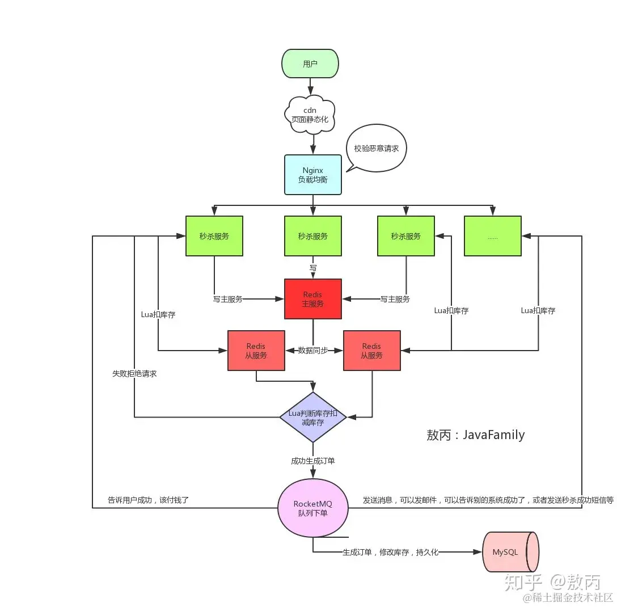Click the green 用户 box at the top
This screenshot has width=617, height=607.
(x=310, y=64)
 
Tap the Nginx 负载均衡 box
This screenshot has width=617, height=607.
(x=312, y=175)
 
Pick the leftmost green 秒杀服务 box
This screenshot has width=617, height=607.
(x=214, y=236)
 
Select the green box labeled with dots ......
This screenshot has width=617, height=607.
(x=492, y=236)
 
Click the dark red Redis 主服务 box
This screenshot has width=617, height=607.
(x=312, y=300)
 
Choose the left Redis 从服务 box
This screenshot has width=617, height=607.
(x=256, y=351)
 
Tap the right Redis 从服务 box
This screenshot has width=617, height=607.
(x=371, y=351)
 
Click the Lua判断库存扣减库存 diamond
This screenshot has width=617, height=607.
(x=312, y=417)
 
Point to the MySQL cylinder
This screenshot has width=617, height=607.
(x=509, y=552)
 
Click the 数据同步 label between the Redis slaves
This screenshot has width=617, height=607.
(x=313, y=351)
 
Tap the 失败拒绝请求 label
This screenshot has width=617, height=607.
(x=134, y=374)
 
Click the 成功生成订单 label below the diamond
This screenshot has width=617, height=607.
(x=312, y=461)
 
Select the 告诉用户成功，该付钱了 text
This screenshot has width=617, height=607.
(x=148, y=500)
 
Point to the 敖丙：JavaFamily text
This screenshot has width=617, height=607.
(x=475, y=435)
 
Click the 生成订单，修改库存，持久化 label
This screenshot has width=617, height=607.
(x=390, y=552)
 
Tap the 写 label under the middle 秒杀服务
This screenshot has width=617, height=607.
(x=312, y=267)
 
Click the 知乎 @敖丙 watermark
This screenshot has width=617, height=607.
(x=552, y=581)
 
